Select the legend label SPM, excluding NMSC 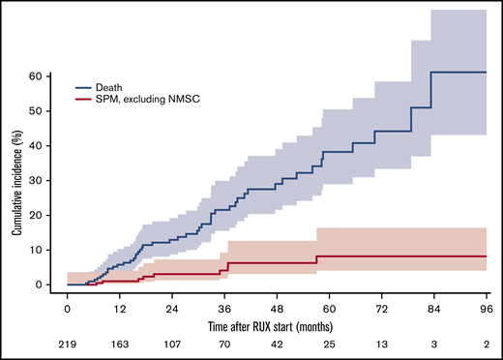(146, 98)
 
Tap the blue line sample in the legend (86, 85)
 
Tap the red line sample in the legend (86, 98)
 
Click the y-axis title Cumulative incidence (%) (17, 179)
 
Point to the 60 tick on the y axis (44, 75)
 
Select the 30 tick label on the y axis (44, 180)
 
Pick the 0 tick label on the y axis (47, 285)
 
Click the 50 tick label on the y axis (44, 110)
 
